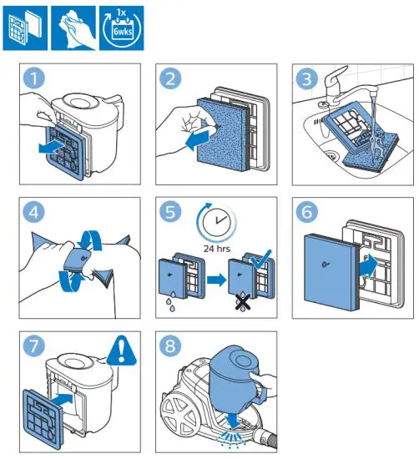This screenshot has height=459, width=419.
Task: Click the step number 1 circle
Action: (34, 78)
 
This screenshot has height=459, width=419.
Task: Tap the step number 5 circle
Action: (170, 211)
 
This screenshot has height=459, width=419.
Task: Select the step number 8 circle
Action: (170, 346)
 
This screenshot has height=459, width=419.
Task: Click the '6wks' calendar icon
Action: (122, 28)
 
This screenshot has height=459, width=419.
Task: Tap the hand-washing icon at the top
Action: (73, 28)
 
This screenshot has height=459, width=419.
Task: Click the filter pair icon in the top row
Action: (25, 28)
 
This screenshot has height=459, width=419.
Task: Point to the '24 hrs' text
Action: (217, 249)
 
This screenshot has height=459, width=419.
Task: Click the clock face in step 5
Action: (217, 222)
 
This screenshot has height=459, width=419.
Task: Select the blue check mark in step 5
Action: (261, 259)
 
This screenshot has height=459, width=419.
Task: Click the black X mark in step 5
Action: (243, 302)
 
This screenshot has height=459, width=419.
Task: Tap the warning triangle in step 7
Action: (122, 351)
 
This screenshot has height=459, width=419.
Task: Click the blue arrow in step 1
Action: (52, 147)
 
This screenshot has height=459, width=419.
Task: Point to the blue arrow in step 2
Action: (198, 139)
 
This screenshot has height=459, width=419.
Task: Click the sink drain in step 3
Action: (331, 154)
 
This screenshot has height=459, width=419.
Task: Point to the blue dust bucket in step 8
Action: (235, 376)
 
